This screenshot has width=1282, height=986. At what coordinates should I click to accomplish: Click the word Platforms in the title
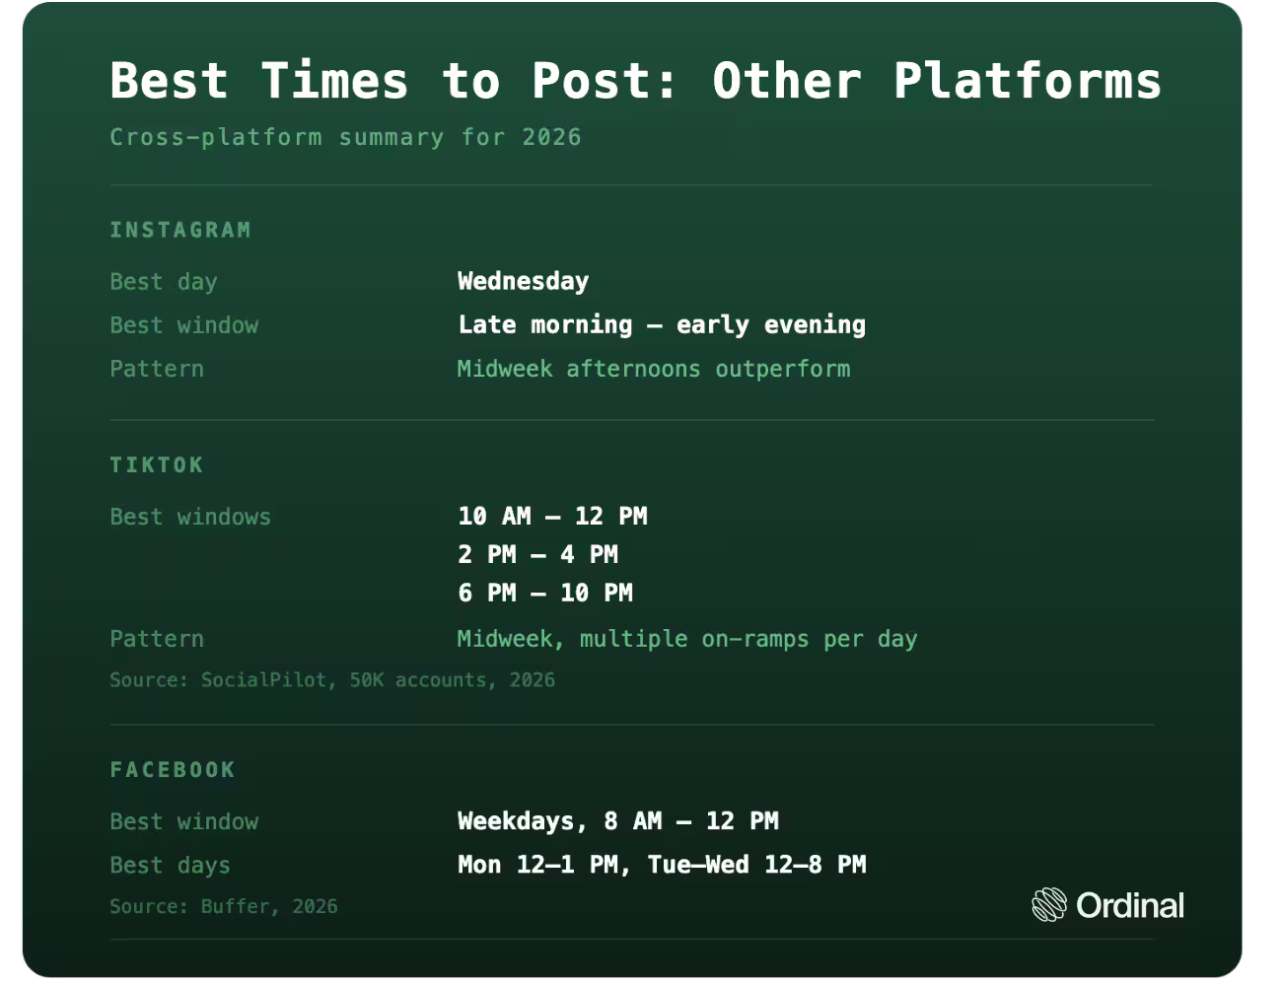tap(1027, 82)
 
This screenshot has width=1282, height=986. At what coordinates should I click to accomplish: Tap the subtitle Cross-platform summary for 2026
tap(346, 138)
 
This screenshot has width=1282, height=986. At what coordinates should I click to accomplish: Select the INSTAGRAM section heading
tap(180, 230)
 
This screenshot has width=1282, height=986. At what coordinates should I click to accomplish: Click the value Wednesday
tap(523, 281)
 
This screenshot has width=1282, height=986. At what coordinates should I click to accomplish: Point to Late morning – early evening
tap(662, 325)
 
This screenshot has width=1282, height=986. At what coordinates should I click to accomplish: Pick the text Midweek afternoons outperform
tap(654, 369)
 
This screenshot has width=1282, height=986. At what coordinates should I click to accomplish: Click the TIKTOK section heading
tap(157, 465)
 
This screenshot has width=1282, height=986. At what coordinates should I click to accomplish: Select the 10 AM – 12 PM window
tap(552, 517)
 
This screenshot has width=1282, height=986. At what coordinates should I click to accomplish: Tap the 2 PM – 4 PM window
tap(537, 555)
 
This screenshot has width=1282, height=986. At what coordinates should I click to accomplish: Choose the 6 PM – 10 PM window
tap(545, 594)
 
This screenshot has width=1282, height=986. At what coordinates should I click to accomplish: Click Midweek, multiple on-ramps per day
tap(687, 640)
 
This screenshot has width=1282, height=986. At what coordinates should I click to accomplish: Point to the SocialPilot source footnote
tap(332, 680)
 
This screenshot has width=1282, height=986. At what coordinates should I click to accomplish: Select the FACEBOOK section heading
tap(173, 770)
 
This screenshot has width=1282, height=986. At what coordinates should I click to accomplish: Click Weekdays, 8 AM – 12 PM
tap(617, 821)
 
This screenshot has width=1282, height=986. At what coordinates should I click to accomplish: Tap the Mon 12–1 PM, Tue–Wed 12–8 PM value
tap(662, 865)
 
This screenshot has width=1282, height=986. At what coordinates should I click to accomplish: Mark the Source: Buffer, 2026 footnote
tap(224, 906)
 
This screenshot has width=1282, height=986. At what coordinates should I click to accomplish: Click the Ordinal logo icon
tap(1049, 904)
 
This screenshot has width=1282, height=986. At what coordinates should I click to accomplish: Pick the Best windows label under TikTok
tap(190, 518)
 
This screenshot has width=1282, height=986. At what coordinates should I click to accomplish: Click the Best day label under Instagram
tap(164, 282)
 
